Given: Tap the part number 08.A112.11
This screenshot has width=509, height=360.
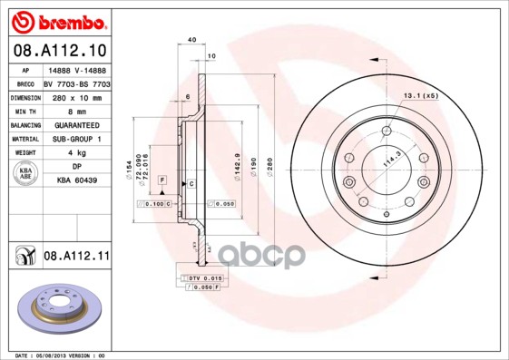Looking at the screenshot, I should pos(76,258).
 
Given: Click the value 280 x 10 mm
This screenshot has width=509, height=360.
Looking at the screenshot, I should pos(75,96).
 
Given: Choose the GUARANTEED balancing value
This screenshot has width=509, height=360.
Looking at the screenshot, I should pos(76,124).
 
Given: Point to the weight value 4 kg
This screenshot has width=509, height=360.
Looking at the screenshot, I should pos(75,153).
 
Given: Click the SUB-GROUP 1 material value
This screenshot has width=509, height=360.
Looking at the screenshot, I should pos(76,139).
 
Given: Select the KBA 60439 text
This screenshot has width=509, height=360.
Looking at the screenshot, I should pos(76,181).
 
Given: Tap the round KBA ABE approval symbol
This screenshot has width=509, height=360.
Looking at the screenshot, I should pos(24,174).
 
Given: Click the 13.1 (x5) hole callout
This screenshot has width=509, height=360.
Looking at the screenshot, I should pos(420,95).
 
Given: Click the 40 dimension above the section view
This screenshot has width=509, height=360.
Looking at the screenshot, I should pos(191,40).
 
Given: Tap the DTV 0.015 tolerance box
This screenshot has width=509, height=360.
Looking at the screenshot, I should pos(201,277).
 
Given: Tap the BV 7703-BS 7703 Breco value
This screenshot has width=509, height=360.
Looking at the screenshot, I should pos(77,82).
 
